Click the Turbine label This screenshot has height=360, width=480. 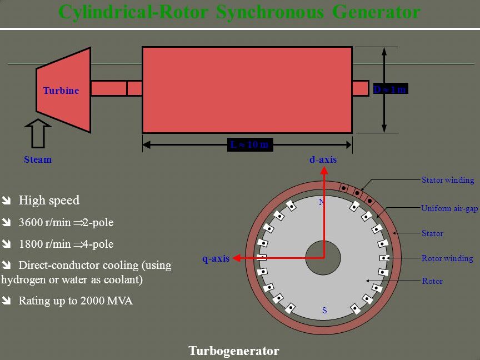(61, 91)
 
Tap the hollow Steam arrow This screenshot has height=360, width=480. (38, 133)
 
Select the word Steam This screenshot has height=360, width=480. (38, 160)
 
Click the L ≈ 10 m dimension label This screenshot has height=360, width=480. (249, 145)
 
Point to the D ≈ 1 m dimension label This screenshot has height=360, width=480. (390, 89)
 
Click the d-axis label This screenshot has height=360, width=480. (323, 160)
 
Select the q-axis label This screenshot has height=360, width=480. (216, 259)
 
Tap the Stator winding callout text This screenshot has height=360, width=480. (448, 180)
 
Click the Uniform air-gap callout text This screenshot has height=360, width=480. (449, 209)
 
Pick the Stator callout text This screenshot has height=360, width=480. (432, 233)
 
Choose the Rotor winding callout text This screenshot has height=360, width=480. (447, 258)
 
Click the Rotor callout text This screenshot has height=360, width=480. (432, 281)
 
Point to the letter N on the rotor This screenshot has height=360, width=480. (321, 202)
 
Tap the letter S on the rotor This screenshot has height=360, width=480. (324, 311)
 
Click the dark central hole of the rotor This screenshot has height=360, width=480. (323, 258)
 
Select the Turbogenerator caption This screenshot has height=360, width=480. (233, 351)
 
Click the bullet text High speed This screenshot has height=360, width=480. (49, 201)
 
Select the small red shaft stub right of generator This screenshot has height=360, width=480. (360, 88)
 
